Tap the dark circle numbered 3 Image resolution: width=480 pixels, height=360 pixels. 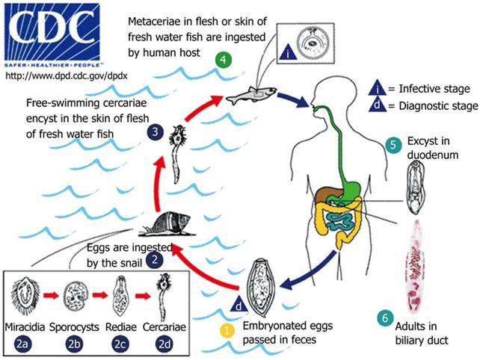click(153, 132)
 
